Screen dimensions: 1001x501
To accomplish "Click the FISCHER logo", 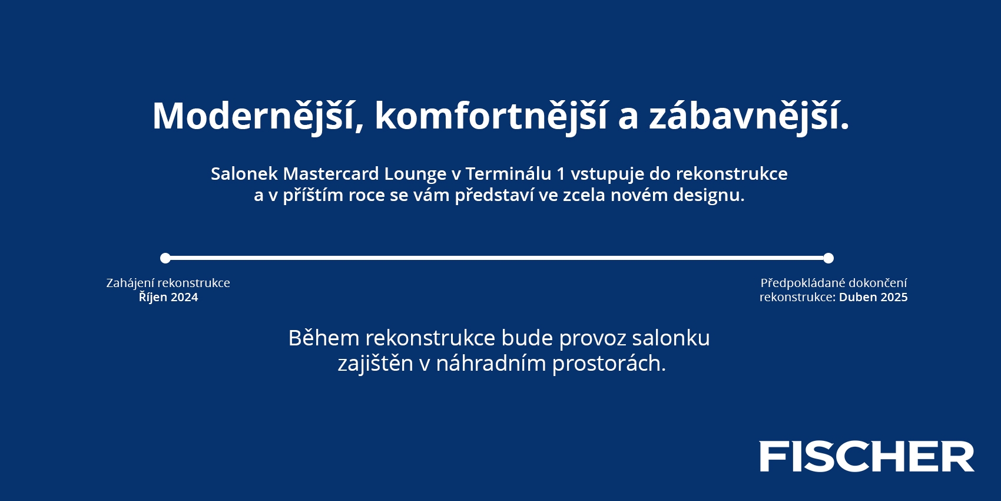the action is [x=867, y=456].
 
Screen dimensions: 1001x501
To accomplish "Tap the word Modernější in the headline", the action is [x=253, y=116].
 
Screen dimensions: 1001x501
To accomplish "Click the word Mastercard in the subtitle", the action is [x=331, y=173].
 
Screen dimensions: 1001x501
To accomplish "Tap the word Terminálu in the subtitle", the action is [x=509, y=173].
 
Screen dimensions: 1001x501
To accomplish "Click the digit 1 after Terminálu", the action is [x=561, y=173].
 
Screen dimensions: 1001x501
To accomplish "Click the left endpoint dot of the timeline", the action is [x=165, y=258].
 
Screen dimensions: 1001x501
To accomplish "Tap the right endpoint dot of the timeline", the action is [x=828, y=258].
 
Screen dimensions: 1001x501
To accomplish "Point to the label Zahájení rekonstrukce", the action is [x=168, y=283].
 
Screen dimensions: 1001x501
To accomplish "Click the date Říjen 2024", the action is [x=168, y=297].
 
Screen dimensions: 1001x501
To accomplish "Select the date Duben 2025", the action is [x=873, y=298].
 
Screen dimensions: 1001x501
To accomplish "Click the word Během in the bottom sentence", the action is [x=324, y=338].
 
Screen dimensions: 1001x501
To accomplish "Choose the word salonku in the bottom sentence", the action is [x=671, y=338].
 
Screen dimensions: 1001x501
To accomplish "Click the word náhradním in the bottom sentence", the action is [x=491, y=362].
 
